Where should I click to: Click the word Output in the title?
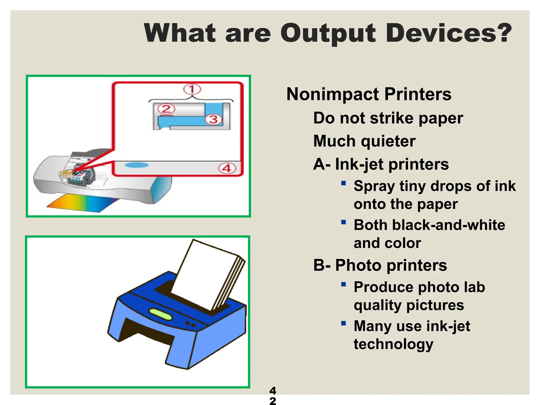click(328, 33)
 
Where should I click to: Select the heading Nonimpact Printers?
click(369, 94)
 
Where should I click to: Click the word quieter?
click(388, 141)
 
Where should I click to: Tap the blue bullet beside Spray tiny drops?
click(343, 183)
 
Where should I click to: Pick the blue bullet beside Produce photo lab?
click(343, 284)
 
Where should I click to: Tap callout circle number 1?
click(192, 89)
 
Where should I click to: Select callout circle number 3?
click(214, 119)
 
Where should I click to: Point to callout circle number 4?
click(227, 168)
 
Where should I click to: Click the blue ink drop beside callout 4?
click(137, 165)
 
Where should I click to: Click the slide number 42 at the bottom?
click(273, 396)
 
